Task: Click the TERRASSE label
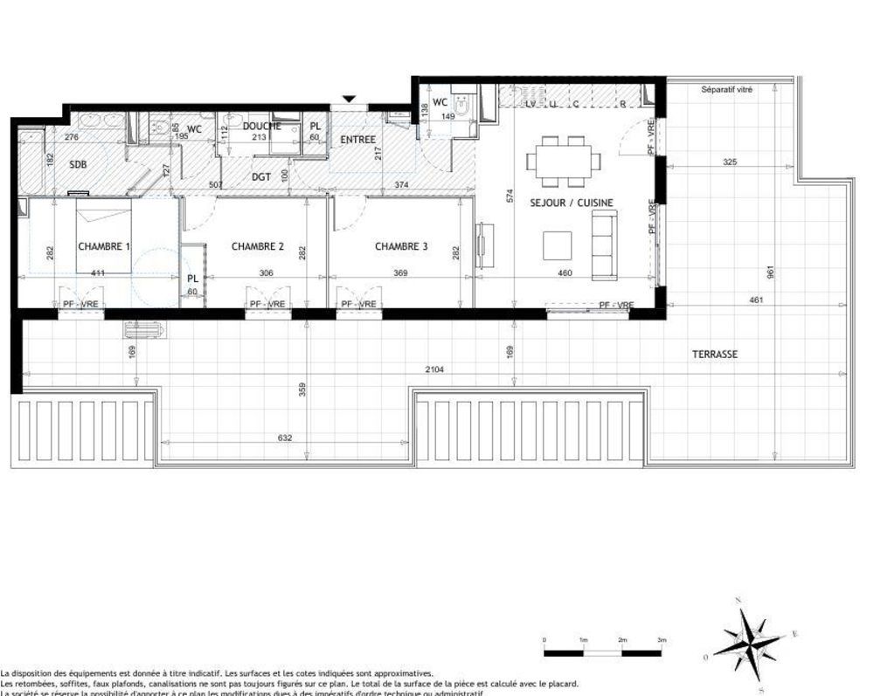pyautogui.click(x=715, y=355)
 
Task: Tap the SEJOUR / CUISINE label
pyautogui.click(x=572, y=203)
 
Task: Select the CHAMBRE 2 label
pyautogui.click(x=258, y=246)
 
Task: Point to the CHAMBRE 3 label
pyautogui.click(x=401, y=246)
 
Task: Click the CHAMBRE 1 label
pyautogui.click(x=104, y=246)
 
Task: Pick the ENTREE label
pyautogui.click(x=357, y=140)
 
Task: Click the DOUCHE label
pyautogui.click(x=261, y=126)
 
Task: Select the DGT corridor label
pyautogui.click(x=261, y=177)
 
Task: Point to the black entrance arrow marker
pyautogui.click(x=350, y=100)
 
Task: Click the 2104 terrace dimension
pyautogui.click(x=434, y=369)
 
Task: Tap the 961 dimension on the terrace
pyautogui.click(x=770, y=272)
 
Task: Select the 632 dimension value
pyautogui.click(x=284, y=438)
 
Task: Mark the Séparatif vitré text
pyautogui.click(x=726, y=89)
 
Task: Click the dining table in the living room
pyautogui.click(x=564, y=161)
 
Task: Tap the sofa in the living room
pyautogui.click(x=604, y=245)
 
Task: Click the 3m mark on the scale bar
pyautogui.click(x=662, y=640)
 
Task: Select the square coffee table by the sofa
pyautogui.click(x=557, y=245)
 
